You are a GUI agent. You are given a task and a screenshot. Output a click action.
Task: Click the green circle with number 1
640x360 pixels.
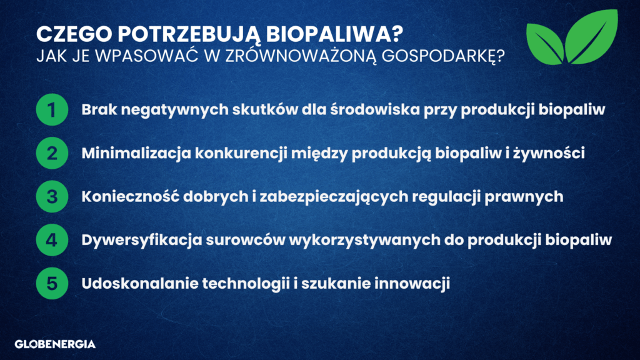(x=52, y=109)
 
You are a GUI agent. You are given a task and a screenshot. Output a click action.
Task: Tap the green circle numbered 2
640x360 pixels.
(x=52, y=153)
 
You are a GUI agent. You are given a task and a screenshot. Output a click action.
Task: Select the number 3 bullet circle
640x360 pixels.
(x=52, y=196)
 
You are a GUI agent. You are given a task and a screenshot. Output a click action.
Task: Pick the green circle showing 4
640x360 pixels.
(x=52, y=240)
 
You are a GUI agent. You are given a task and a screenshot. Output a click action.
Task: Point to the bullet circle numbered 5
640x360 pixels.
(x=52, y=283)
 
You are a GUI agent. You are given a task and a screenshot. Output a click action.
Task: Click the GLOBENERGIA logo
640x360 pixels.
(x=55, y=344)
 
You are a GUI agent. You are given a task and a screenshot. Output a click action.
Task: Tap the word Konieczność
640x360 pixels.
(x=131, y=196)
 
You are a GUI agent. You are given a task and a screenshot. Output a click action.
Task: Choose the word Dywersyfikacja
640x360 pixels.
(x=142, y=240)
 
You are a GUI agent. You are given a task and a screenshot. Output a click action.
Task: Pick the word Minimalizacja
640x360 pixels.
(x=136, y=153)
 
